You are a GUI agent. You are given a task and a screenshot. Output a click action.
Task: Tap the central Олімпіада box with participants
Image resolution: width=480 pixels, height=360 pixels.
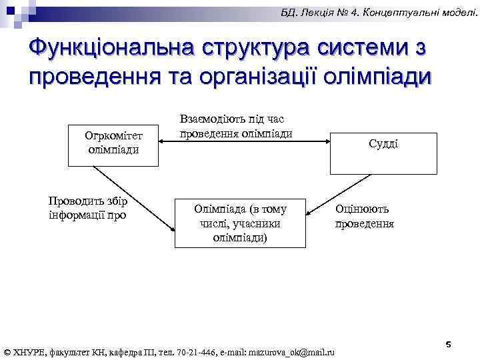tap(240, 223)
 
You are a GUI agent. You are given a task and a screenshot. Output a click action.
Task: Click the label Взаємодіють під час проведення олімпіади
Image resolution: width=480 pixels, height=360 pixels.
tap(235, 126)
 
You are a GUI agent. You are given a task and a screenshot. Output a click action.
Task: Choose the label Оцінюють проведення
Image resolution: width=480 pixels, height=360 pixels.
tap(364, 216)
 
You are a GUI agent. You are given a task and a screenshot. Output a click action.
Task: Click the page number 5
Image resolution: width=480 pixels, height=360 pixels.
tap(448, 344)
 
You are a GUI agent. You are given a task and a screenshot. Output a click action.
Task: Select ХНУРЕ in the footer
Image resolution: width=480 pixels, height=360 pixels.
tap(29, 351)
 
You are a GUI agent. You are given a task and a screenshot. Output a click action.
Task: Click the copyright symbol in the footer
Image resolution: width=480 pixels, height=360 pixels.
tap(7, 351)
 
